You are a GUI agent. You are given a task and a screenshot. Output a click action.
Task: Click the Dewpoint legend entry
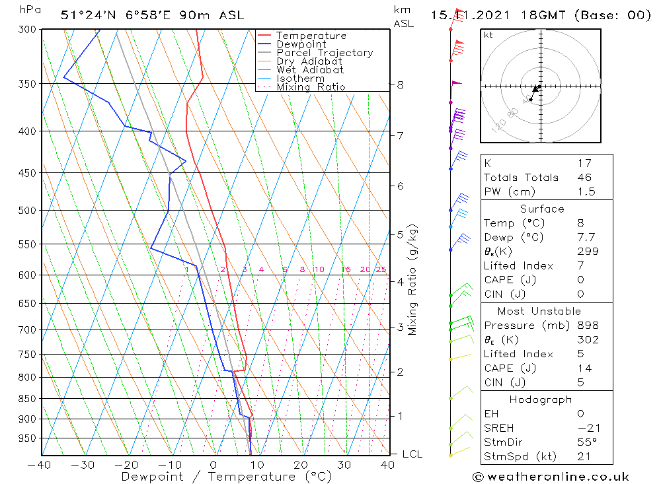tap(301, 44)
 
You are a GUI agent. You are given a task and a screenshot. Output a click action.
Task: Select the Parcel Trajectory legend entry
tap(325, 53)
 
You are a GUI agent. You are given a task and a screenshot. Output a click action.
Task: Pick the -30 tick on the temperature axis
tap(83, 465)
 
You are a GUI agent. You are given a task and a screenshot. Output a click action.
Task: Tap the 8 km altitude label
tap(400, 85)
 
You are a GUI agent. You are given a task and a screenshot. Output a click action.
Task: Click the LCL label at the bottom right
tap(412, 454)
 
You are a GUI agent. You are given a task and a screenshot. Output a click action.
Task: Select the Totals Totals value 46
tap(584, 178)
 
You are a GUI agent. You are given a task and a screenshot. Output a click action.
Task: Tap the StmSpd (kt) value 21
tap(584, 456)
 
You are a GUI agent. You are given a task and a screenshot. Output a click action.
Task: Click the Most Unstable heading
tap(539, 312)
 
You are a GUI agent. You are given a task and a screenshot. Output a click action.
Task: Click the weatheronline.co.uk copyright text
tap(551, 477)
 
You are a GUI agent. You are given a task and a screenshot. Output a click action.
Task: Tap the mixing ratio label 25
tap(381, 269)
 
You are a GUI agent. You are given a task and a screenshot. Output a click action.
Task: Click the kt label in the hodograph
tap(488, 35)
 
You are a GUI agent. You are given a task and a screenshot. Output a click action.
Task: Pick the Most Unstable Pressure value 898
tap(587, 326)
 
